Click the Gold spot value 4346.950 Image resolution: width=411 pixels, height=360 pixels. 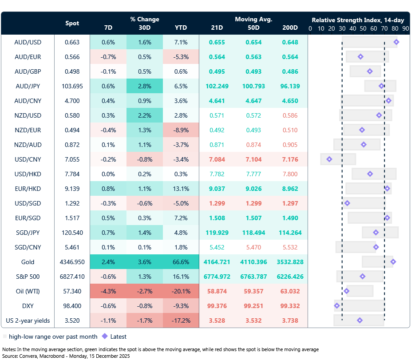point(72,262)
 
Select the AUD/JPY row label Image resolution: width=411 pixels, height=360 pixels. point(28,86)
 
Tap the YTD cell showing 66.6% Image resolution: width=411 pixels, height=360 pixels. point(181,262)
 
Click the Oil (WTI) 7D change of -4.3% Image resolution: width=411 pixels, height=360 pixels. point(108,291)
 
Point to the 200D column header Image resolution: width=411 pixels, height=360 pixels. point(290,28)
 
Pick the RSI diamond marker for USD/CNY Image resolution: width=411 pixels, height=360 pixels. point(329,159)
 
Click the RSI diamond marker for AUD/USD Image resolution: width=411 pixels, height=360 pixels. point(396,42)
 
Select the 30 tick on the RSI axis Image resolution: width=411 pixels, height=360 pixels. point(342,28)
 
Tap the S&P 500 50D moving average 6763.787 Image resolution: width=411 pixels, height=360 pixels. point(253,277)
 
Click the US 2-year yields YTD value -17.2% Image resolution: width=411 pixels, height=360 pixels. point(181,320)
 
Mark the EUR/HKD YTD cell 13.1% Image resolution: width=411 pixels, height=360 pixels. point(181,189)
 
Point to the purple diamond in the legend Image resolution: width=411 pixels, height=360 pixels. point(105,336)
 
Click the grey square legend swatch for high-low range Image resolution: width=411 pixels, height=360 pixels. point(5,336)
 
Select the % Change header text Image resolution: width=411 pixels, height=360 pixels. point(145,19)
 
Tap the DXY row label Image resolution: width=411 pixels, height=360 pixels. point(28,306)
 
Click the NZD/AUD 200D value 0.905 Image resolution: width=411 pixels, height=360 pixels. point(290,145)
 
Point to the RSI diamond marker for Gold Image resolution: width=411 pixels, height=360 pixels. point(393,262)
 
